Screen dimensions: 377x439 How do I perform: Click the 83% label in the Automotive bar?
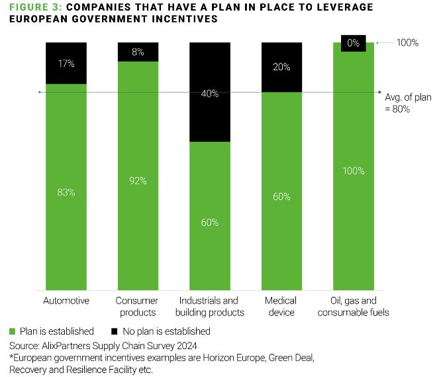pyautogui.click(x=66, y=193)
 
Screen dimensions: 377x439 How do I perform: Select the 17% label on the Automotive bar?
pyautogui.click(x=66, y=64)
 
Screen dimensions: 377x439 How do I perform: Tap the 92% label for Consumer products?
pyautogui.click(x=138, y=180)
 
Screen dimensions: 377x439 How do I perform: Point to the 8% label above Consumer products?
pyautogui.click(x=138, y=50)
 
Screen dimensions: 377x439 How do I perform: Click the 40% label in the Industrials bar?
pyautogui.click(x=210, y=93)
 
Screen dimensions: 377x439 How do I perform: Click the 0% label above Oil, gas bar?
pyautogui.click(x=354, y=43)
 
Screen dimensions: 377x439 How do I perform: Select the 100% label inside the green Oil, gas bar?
pyautogui.click(x=354, y=171)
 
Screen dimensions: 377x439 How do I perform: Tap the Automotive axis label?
pyautogui.click(x=66, y=301)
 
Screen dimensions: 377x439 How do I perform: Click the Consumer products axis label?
pyautogui.click(x=138, y=306)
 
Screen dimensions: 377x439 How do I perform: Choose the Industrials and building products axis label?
pyautogui.click(x=210, y=306)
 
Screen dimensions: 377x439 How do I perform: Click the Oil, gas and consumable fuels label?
pyautogui.click(x=354, y=306)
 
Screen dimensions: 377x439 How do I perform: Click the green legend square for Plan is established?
pyautogui.click(x=13, y=331)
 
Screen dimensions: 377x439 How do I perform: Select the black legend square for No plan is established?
pyautogui.click(x=115, y=331)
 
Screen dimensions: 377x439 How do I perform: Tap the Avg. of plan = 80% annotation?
pyautogui.click(x=407, y=103)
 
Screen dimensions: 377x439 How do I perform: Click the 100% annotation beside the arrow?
pyautogui.click(x=407, y=43)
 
